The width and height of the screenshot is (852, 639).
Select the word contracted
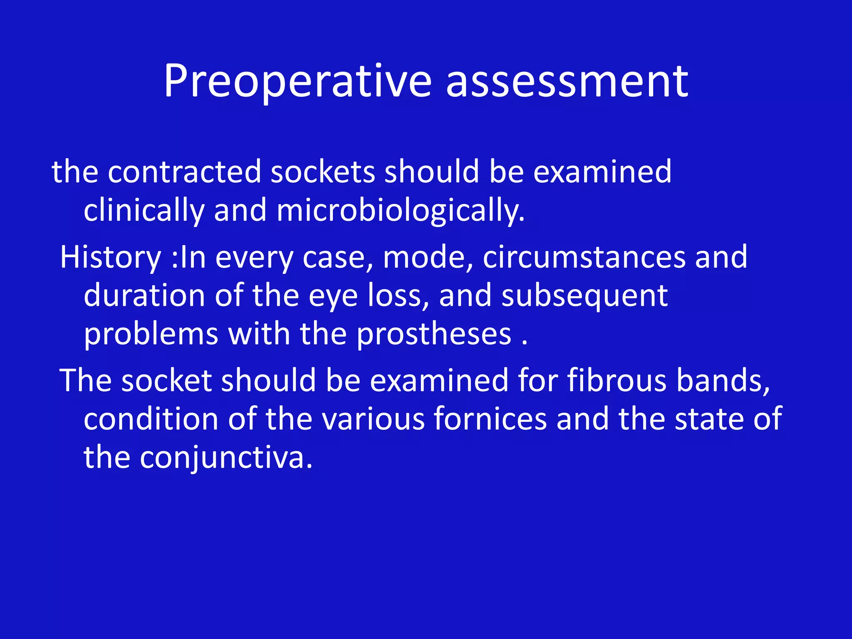pos(184,171)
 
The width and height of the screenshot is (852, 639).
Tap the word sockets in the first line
pos(323,171)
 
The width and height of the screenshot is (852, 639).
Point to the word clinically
pos(144,210)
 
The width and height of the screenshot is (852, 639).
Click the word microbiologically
pos(400,210)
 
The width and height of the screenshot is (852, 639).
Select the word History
pos(111,257)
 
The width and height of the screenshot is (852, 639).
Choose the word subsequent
pos(585,295)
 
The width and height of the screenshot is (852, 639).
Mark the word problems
pos(151,334)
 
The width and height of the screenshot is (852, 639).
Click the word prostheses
pos(434,334)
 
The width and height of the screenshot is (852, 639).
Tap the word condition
pos(151,419)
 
